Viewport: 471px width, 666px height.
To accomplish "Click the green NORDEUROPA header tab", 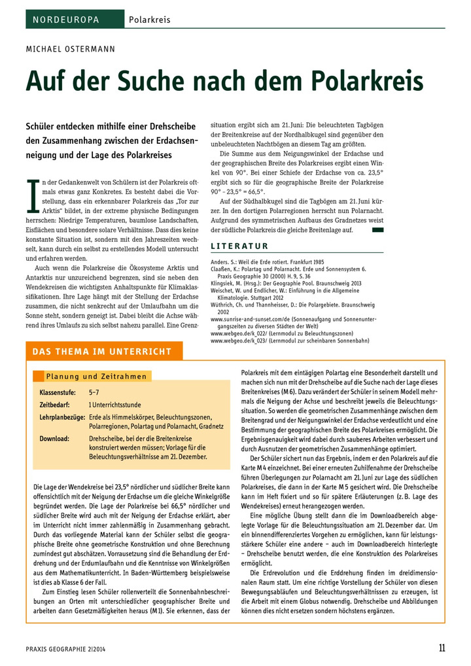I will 74,20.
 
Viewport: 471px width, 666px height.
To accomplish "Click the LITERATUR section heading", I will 239,246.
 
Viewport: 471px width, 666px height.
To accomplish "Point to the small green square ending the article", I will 377,230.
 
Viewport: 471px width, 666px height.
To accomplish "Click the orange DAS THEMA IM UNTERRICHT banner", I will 103,352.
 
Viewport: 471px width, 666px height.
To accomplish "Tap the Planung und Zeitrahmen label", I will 96,376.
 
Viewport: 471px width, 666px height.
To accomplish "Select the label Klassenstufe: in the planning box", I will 59,392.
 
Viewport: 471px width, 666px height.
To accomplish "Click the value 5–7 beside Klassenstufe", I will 94,392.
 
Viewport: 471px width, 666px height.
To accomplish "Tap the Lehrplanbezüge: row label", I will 62,417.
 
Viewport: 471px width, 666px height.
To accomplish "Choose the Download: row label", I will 54,439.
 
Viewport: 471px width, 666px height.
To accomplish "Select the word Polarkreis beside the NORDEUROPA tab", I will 149,20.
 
